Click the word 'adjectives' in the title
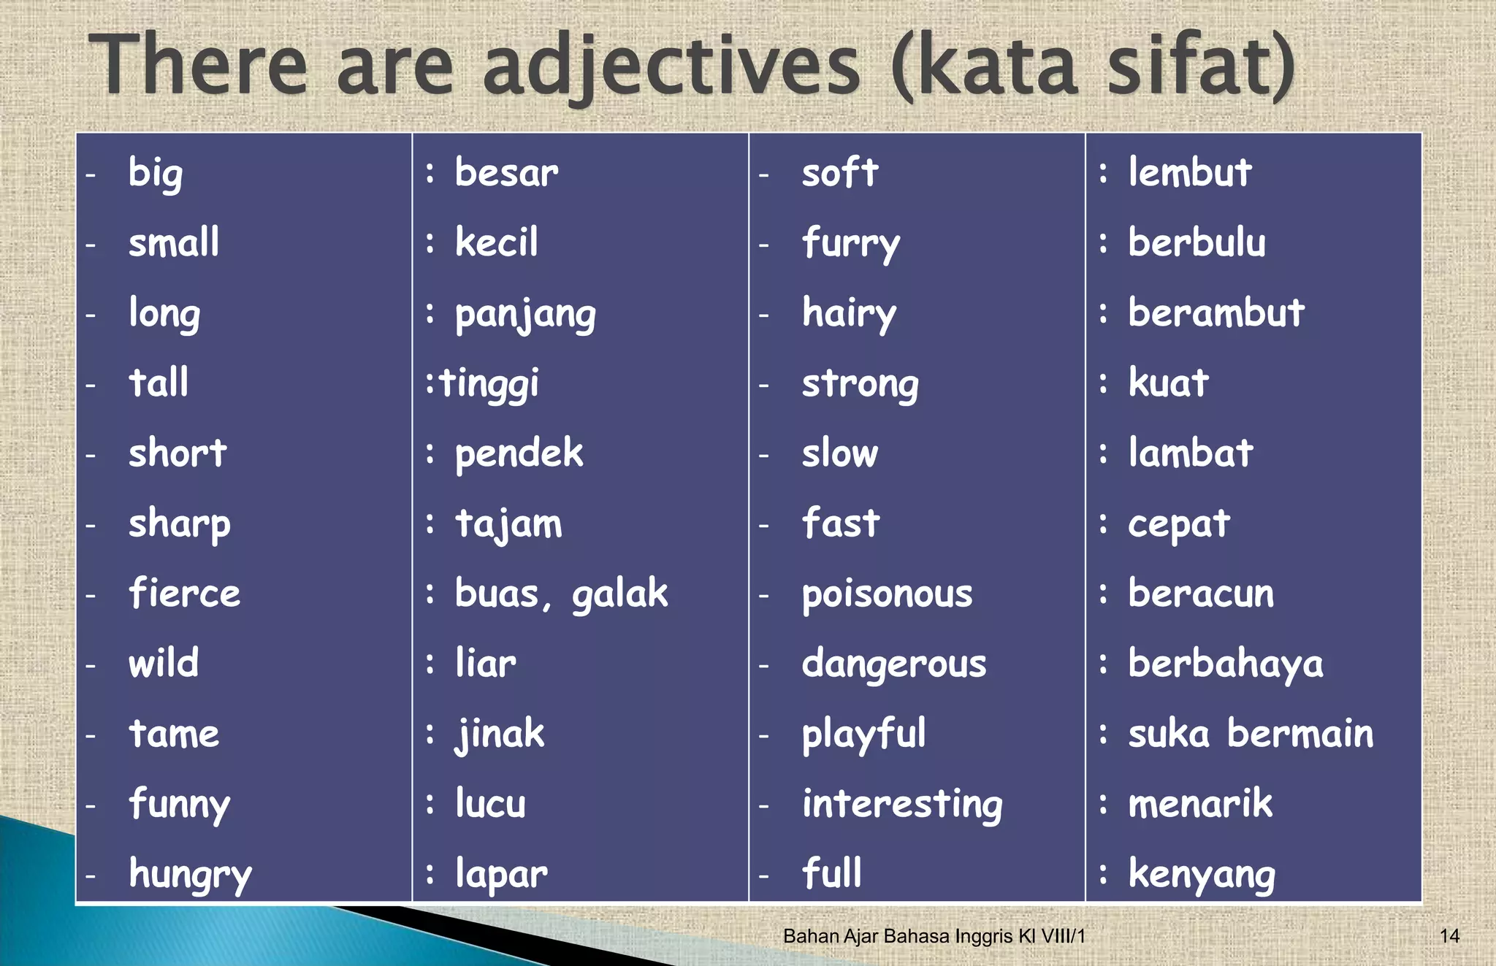click(671, 67)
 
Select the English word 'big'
click(156, 174)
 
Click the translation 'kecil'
click(497, 242)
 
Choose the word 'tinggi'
click(489, 384)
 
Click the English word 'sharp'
click(180, 524)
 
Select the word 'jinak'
click(500, 735)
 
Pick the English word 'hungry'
click(190, 875)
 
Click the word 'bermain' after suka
click(1300, 734)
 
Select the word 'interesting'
click(902, 805)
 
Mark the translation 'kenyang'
click(1202, 875)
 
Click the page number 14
click(1449, 936)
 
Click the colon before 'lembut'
click(1103, 174)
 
